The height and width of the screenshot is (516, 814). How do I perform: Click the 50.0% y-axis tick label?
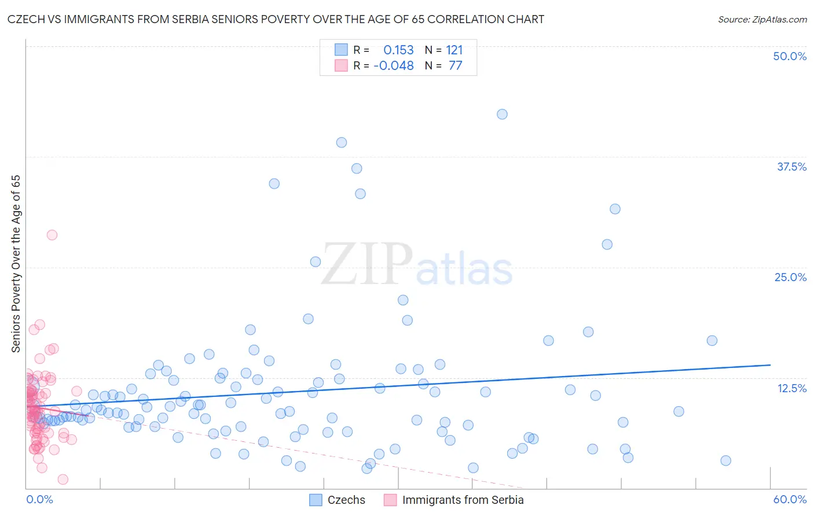click(x=790, y=56)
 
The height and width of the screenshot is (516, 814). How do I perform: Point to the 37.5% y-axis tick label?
click(x=791, y=167)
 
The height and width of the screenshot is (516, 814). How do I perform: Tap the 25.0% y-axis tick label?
click(x=790, y=277)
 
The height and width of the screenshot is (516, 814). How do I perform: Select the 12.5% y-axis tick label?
click(x=791, y=388)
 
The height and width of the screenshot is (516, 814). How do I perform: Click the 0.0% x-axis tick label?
click(x=39, y=499)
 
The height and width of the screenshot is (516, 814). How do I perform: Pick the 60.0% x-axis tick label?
click(x=790, y=499)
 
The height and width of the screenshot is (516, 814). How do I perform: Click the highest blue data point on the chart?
click(x=502, y=115)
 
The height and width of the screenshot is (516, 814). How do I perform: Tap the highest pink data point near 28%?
click(x=52, y=235)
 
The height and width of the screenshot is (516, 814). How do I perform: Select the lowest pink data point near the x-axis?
click(x=63, y=479)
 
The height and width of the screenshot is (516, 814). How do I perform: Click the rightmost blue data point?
click(x=725, y=460)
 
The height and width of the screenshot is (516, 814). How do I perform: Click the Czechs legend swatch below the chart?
click(x=316, y=500)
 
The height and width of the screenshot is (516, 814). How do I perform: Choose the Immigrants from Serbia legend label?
click(x=463, y=500)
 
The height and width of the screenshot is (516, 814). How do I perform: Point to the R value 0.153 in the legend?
click(x=398, y=50)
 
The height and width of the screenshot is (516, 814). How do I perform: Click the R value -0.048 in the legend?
click(x=394, y=66)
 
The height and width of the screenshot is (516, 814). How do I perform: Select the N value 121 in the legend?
click(x=454, y=50)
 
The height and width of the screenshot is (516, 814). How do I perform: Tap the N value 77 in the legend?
click(x=455, y=66)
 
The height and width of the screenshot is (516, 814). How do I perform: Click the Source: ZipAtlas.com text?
click(x=762, y=20)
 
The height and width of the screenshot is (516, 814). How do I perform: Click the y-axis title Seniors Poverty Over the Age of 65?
click(x=16, y=264)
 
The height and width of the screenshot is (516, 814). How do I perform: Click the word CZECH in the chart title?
click(x=27, y=20)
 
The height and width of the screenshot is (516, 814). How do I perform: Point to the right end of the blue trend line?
click(x=770, y=365)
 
